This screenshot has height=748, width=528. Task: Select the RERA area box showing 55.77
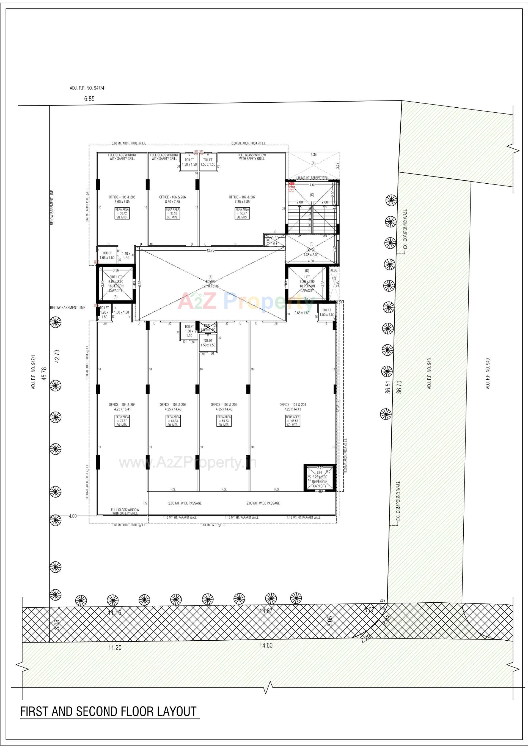pyautogui.click(x=242, y=213)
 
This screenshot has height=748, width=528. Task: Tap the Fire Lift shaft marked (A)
pyautogui.click(x=116, y=284)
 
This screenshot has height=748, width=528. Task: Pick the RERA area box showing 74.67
pyautogui.click(x=122, y=421)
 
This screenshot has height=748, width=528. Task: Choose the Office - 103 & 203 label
pyautogui.click(x=173, y=407)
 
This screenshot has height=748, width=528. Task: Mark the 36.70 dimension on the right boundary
pyautogui.click(x=399, y=387)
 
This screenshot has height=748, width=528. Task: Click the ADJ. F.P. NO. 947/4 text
pyautogui.click(x=87, y=88)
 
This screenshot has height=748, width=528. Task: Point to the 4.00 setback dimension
pyautogui.click(x=73, y=516)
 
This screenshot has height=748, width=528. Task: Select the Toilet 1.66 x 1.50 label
pyautogui.click(x=107, y=255)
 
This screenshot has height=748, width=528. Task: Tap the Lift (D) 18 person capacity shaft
pyautogui.click(x=307, y=284)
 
